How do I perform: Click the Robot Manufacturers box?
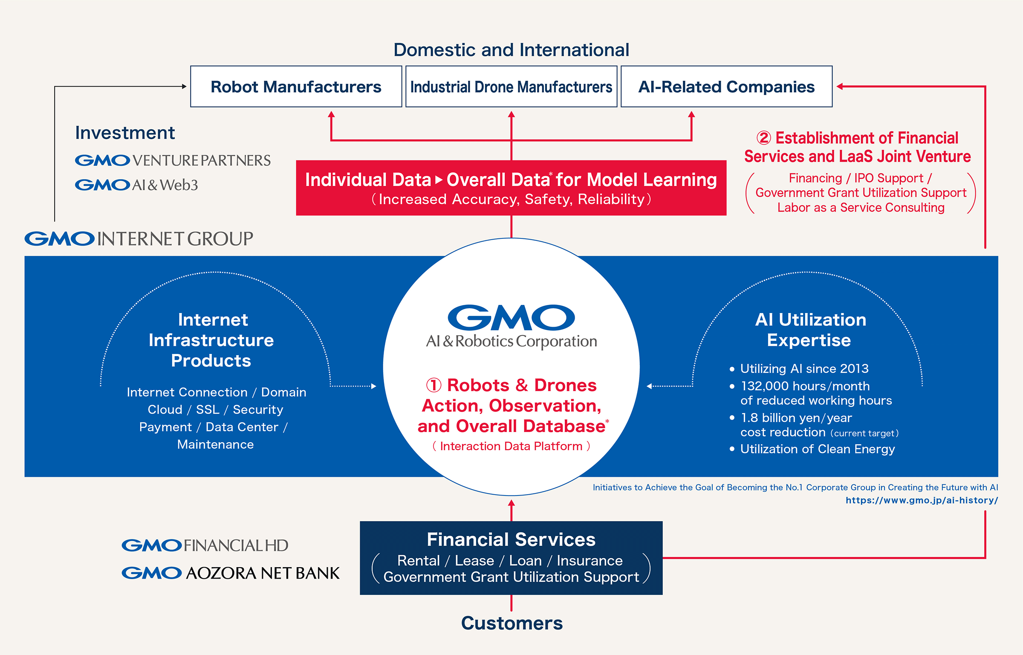pyautogui.click(x=296, y=87)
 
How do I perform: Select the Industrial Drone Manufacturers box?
pyautogui.click(x=511, y=87)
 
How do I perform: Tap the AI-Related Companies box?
pyautogui.click(x=726, y=87)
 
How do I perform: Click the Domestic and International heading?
pyautogui.click(x=511, y=50)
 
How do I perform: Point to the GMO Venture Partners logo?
pyautogui.click(x=173, y=160)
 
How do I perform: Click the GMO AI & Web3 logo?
pyautogui.click(x=136, y=185)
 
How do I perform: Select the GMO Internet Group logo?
pyautogui.click(x=139, y=238)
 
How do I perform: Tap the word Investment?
pyautogui.click(x=125, y=133)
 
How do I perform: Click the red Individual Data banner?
pyautogui.click(x=511, y=188)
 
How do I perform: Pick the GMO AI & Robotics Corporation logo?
pyautogui.click(x=511, y=326)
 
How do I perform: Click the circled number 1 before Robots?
pyautogui.click(x=434, y=385)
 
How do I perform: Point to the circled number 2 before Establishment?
pyautogui.click(x=764, y=138)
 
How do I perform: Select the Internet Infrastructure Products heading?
pyautogui.click(x=211, y=340)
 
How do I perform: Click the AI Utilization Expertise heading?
pyautogui.click(x=810, y=330)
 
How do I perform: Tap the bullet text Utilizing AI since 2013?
pyautogui.click(x=804, y=368)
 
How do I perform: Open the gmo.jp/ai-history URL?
pyautogui.click(x=922, y=500)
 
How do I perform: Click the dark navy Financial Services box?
pyautogui.click(x=511, y=558)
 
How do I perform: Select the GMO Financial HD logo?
pyautogui.click(x=205, y=545)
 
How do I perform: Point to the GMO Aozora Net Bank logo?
pyautogui.click(x=231, y=573)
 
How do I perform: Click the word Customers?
pyautogui.click(x=511, y=623)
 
